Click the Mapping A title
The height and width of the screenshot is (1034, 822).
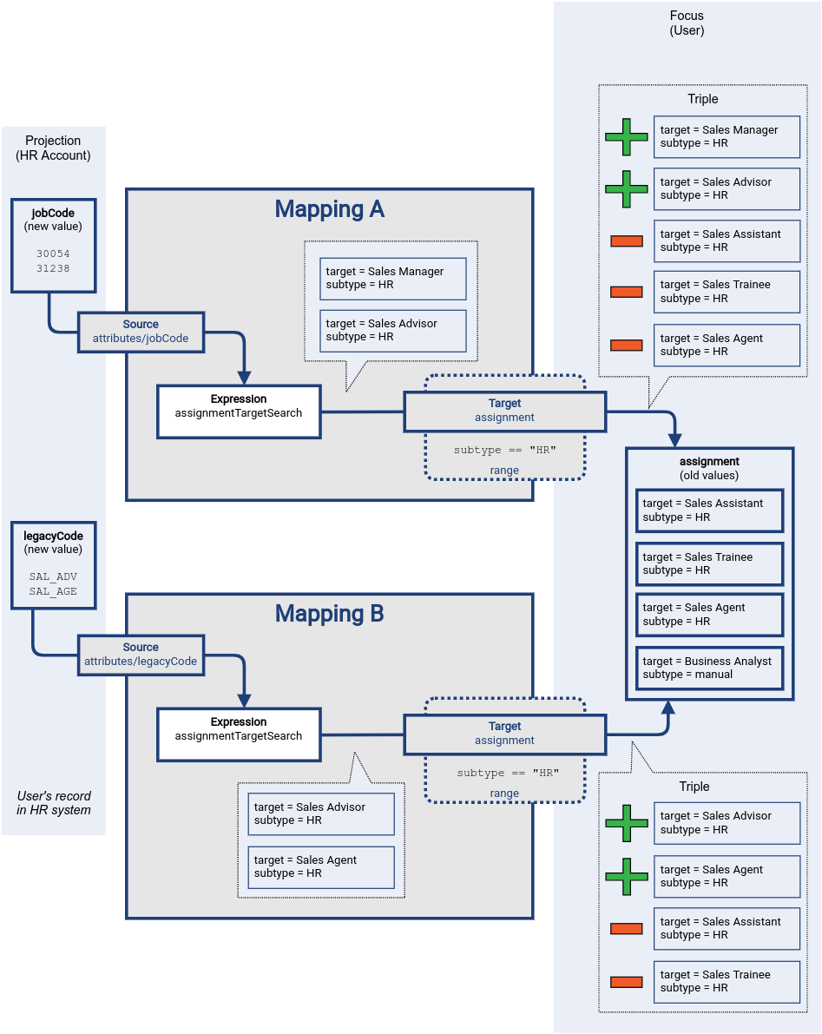pos(329,209)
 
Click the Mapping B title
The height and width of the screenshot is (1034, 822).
pos(329,614)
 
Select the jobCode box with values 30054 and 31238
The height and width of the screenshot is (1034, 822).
pos(53,246)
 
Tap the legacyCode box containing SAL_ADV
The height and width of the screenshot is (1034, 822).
pos(53,564)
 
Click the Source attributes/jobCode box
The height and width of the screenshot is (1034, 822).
pos(141,332)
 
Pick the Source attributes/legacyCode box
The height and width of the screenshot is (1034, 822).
pos(141,655)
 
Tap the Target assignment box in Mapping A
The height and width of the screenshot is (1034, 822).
pos(504,411)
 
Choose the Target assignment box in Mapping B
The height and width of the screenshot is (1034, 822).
pos(504,734)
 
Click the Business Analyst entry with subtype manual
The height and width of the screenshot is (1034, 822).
pos(709,668)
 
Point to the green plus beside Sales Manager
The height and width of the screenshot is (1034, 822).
pos(626,137)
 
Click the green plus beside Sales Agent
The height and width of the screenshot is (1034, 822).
pos(626,877)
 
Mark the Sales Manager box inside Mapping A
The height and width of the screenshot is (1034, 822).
pos(392,279)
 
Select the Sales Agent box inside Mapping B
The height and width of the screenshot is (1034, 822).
pos(320,866)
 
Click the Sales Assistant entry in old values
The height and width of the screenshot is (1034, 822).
pos(709,510)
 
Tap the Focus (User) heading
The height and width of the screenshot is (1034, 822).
pos(687,23)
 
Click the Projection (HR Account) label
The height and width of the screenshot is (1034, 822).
pos(53,148)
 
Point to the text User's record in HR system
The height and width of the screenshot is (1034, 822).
pos(53,803)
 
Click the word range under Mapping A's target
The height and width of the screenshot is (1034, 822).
pos(504,471)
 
